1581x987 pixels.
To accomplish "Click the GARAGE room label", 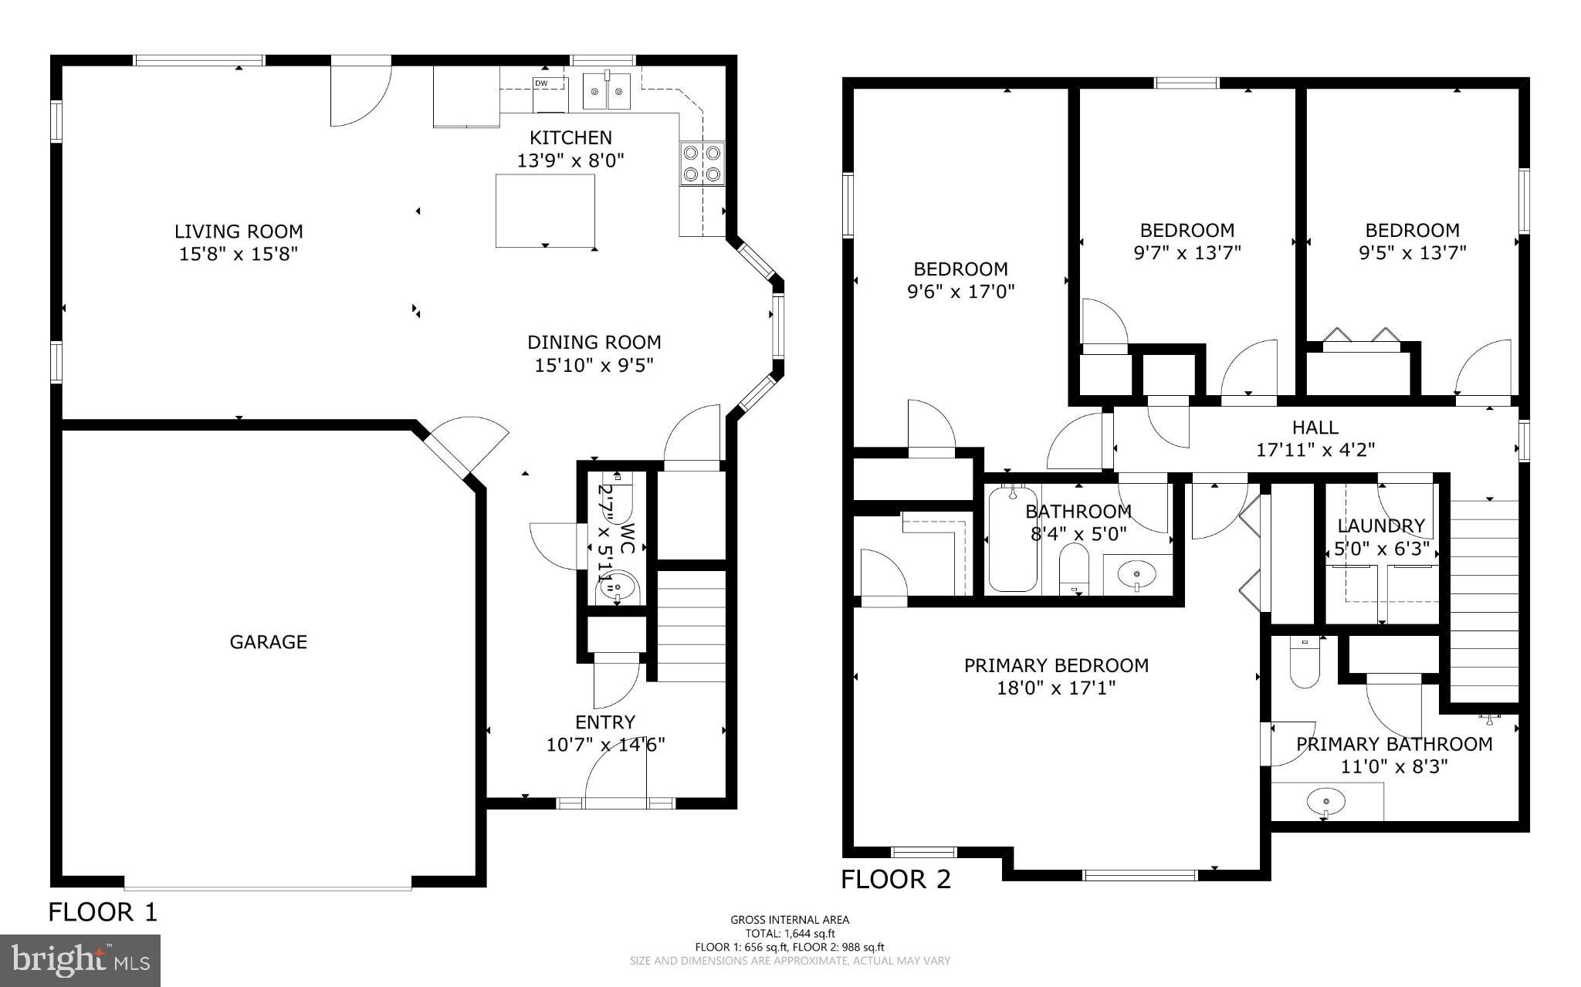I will click(x=268, y=641).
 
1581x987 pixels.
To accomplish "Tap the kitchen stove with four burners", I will click(x=702, y=163).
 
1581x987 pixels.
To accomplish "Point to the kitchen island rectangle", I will click(x=545, y=210).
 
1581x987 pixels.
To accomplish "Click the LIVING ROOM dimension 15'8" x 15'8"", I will click(x=239, y=253).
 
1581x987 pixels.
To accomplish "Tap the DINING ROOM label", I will click(x=594, y=342).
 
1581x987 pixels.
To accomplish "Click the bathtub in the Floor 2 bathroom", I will click(x=1012, y=539).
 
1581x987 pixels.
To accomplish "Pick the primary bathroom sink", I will click(x=1325, y=802).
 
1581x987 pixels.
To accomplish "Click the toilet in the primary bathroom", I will click(x=1305, y=664).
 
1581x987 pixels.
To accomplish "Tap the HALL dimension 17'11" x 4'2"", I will click(x=1315, y=450).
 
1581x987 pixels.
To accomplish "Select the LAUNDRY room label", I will click(x=1381, y=526).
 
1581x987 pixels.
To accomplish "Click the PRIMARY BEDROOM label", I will click(x=1055, y=665).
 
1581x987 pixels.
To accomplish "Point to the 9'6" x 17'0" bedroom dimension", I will click(x=960, y=292).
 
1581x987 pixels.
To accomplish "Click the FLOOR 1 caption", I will click(x=103, y=912).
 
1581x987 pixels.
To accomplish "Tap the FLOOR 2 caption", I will click(x=895, y=879).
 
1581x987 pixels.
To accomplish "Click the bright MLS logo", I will click(x=80, y=960).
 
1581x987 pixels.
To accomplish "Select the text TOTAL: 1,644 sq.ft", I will click(x=790, y=933).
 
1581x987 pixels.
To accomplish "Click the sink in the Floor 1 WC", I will click(x=618, y=590).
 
